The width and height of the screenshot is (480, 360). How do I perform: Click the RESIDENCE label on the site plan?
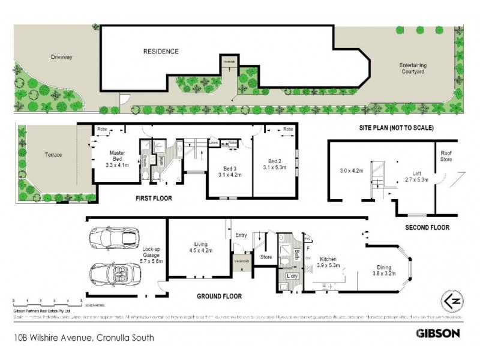click(160, 52)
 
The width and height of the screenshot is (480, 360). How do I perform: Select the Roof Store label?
click(446, 156)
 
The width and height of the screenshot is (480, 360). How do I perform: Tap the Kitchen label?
click(329, 259)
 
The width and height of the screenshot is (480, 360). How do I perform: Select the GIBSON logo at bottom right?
click(438, 332)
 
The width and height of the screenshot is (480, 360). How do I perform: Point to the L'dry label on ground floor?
click(293, 275)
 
